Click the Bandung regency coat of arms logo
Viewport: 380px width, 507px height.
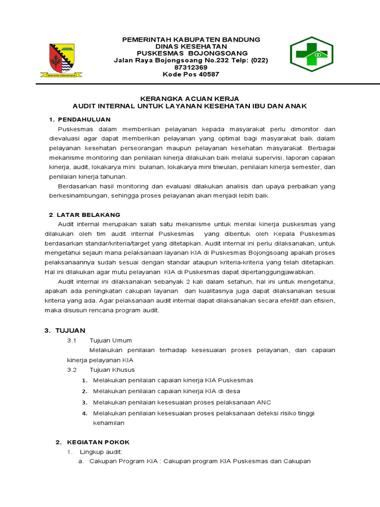tap(61, 60)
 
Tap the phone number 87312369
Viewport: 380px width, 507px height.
tap(190, 67)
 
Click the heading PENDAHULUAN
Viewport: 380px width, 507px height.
tap(84, 120)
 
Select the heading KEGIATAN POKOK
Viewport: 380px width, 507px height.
tap(98, 442)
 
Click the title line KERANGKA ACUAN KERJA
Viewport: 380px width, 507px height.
tap(190, 99)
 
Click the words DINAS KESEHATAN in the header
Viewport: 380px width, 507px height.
tap(190, 46)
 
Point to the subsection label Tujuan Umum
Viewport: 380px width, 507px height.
tap(110, 340)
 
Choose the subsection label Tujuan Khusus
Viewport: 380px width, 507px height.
tap(112, 370)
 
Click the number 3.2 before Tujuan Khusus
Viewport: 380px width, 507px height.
tap(72, 370)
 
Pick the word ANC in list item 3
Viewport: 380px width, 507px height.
tap(263, 402)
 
